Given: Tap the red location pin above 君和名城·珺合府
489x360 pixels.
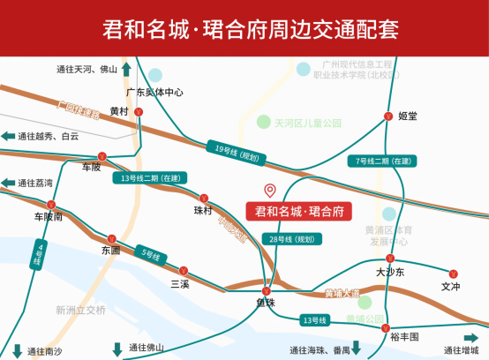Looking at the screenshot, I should (270, 190).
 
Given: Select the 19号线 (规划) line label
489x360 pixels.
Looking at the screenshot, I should (236, 151).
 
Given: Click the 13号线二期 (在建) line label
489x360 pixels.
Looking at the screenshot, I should (152, 177).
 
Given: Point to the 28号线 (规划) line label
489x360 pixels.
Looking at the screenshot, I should (290, 238).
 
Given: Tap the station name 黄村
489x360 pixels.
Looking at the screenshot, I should (119, 111).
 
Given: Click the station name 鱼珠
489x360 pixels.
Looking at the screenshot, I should (267, 303).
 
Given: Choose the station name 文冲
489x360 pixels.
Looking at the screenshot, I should (451, 286).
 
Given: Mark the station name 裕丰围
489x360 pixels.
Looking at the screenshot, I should (402, 336).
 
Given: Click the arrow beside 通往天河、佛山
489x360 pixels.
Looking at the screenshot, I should (127, 69).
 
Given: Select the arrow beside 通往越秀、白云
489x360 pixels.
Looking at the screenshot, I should (8, 136).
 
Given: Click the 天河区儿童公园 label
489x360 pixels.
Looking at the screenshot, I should (307, 123).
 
